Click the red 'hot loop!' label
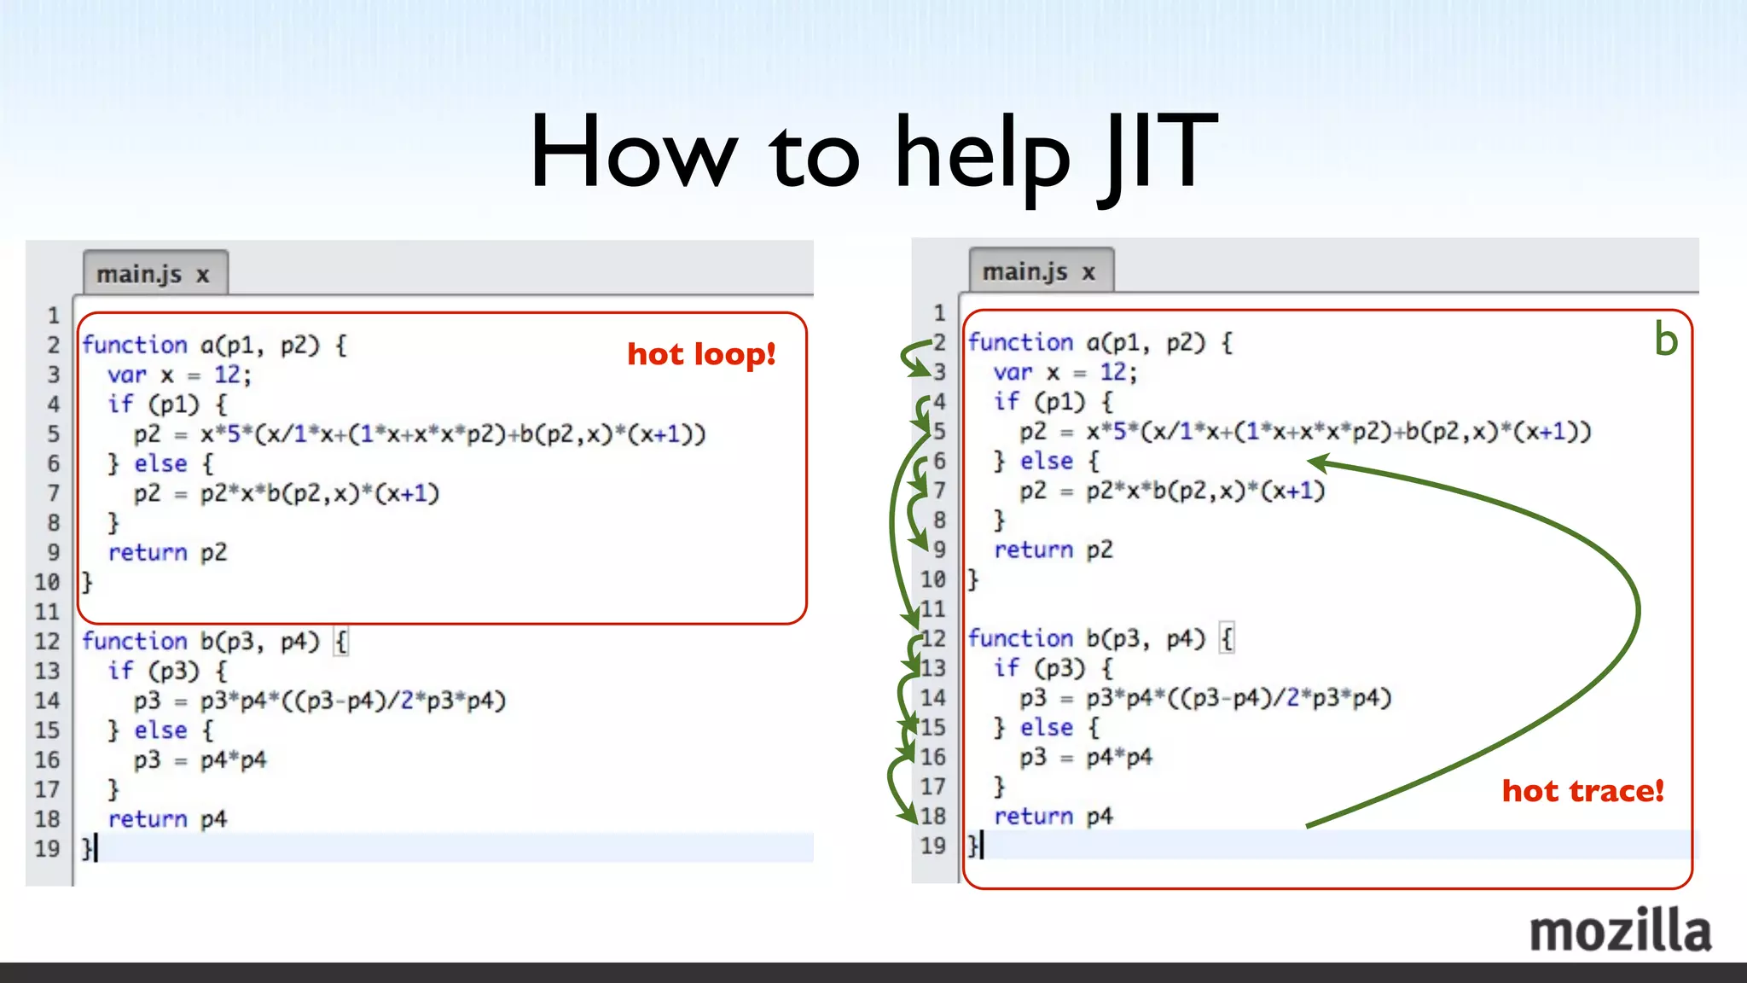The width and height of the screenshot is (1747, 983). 701,354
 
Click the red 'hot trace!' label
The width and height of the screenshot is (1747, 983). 1582,791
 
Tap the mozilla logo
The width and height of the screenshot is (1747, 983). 1620,931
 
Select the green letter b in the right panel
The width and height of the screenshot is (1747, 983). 1665,340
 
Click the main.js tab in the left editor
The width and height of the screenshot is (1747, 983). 139,274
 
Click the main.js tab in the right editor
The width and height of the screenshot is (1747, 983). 1024,271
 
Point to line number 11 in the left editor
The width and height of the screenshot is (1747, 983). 47,612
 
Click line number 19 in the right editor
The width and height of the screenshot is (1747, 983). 932,846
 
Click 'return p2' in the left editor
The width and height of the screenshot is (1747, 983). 167,552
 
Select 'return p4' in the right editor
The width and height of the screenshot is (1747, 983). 1053,816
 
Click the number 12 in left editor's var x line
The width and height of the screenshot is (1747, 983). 227,375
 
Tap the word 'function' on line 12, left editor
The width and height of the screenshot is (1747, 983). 134,641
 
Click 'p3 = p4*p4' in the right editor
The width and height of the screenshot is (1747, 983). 1085,757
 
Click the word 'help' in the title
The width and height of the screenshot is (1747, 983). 982,154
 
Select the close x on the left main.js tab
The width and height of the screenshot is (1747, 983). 202,275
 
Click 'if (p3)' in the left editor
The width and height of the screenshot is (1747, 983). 154,671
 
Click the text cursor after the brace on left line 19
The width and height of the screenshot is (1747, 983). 96,848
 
